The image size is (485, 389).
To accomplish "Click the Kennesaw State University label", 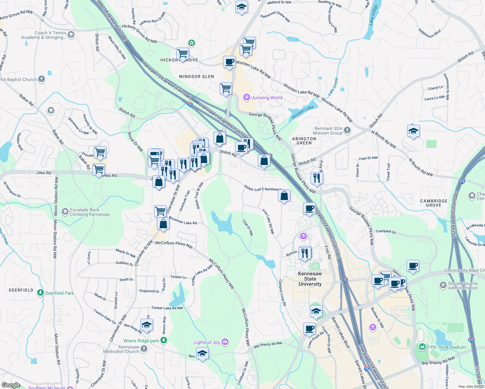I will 310,279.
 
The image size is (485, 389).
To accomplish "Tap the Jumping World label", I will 267,98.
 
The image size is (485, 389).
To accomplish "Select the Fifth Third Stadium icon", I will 422,347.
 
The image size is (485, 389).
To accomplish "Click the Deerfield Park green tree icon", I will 41,293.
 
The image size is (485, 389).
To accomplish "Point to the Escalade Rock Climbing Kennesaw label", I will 90,212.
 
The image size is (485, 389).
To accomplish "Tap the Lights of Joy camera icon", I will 225,342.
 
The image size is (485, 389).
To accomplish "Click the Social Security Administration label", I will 463,286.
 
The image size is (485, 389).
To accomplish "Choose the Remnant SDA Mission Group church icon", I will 347,131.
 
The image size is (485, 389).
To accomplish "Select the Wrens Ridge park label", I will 141,341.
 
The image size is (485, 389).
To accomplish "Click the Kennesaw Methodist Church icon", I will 144,349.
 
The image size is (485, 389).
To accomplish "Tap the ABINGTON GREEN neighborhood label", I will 304,141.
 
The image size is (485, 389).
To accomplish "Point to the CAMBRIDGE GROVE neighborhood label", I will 433,203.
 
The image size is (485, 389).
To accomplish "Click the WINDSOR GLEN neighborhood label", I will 196,77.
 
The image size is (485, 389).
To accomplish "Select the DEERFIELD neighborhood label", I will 21,290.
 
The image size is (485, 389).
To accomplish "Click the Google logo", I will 11,385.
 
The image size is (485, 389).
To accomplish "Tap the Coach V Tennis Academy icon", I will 71,35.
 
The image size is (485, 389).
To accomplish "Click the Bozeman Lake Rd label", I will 183,221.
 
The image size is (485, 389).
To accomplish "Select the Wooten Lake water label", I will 302,112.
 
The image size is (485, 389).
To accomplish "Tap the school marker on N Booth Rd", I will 413,131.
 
